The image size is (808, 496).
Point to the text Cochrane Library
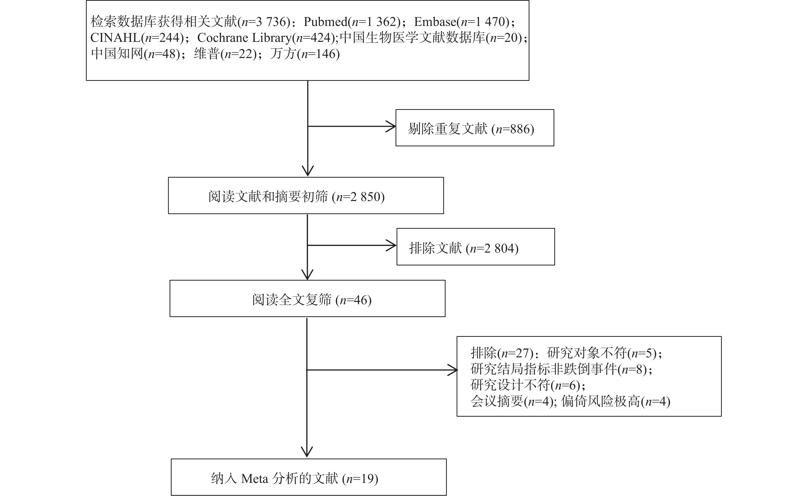coord(244,38)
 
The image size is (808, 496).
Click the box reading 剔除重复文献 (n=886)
coord(475,128)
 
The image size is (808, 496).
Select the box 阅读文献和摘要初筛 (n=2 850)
coord(306,196)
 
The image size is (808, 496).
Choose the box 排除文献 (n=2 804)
coord(476,247)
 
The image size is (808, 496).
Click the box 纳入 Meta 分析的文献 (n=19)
coord(309,477)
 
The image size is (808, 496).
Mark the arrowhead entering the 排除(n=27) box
coord(453,370)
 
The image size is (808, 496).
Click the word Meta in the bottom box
coord(254,479)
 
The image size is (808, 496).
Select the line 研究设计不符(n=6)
coord(528,385)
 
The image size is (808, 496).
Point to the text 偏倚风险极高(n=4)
coord(616,401)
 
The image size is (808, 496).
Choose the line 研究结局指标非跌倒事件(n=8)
coord(561,369)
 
